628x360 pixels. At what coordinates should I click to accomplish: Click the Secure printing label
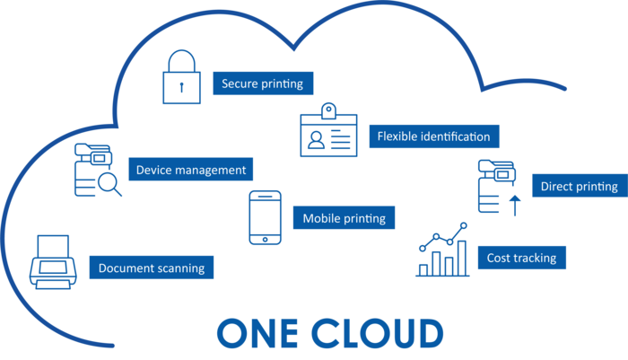[263, 84]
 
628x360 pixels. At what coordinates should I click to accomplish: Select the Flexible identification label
[433, 136]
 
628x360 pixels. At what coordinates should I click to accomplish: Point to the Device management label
[190, 169]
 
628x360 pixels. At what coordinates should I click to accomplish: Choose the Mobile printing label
[344, 218]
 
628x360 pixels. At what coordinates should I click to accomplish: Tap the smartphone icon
[265, 217]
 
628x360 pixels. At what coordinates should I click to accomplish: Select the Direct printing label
[578, 187]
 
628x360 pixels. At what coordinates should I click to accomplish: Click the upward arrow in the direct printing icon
[514, 206]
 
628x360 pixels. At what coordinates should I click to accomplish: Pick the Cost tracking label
[521, 258]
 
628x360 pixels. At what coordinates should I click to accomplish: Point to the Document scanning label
[152, 268]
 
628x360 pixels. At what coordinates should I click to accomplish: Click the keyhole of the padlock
[182, 88]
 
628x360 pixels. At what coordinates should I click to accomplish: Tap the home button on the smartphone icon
[265, 239]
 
